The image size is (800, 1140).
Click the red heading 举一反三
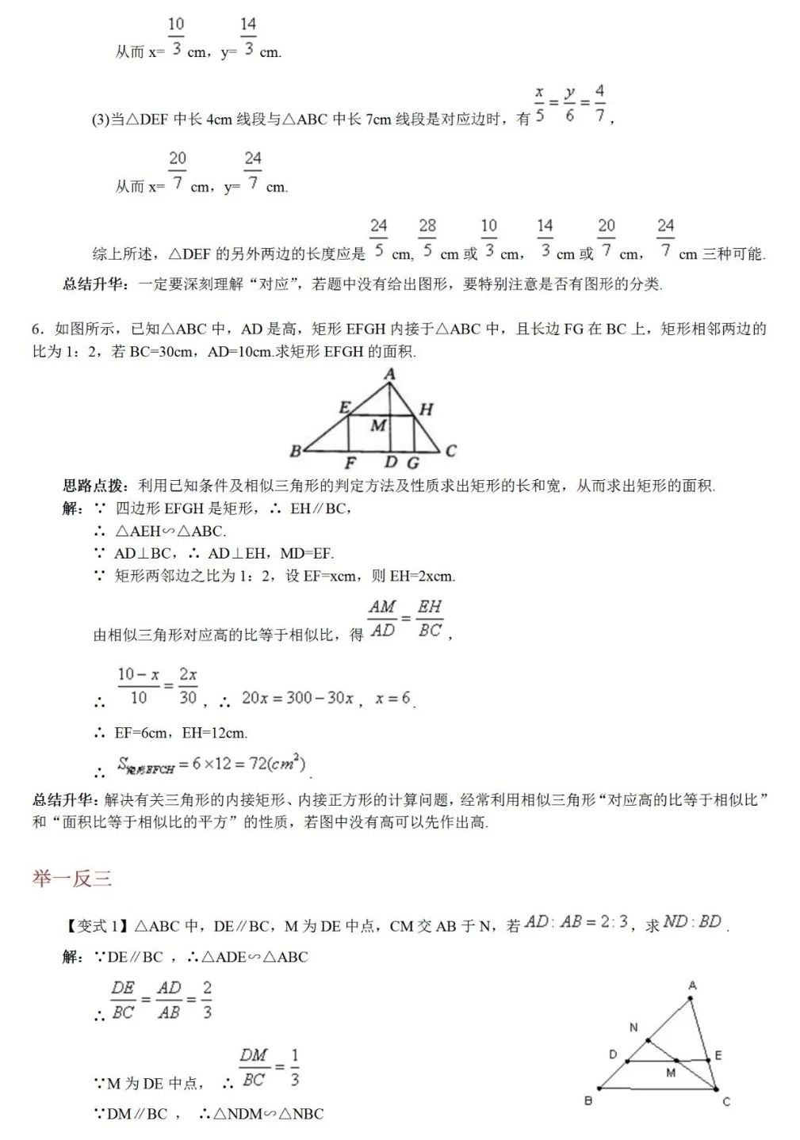pos(72,879)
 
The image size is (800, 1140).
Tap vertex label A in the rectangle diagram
pos(389,374)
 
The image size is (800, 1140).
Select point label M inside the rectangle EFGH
pos(378,425)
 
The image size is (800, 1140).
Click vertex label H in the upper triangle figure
pos(427,410)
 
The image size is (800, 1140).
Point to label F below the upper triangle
pos(350,463)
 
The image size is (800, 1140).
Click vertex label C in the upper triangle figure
pos(450,451)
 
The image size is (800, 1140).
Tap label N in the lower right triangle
pos(633,1028)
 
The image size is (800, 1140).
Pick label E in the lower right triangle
pos(718,1055)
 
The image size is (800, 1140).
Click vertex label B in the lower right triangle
pos(588,1100)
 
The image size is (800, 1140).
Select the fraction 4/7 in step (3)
pos(599,104)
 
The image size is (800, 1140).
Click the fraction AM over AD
pos(382,619)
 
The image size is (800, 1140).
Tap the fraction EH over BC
pos(430,619)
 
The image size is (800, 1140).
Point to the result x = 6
pos(393,698)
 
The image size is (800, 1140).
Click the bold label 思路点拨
pos(94,486)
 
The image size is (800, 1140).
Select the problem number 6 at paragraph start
pos(36,330)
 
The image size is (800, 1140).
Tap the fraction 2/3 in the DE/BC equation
pos(207,1001)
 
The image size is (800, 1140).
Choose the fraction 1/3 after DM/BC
pos(294,1068)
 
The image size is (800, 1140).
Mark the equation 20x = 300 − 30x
pos(297,698)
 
